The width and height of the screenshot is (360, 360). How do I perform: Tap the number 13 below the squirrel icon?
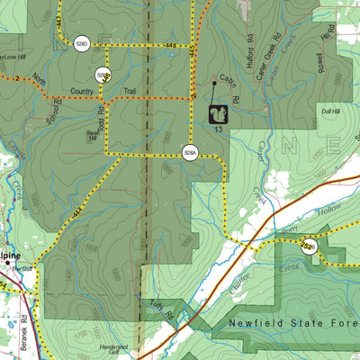coord(219,131)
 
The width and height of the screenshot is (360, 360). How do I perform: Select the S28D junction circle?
coord(82,43)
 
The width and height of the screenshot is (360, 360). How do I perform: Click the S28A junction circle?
coord(190,152)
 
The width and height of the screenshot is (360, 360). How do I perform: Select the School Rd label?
coord(56,109)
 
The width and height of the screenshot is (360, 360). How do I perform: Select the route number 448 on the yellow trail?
coord(171,43)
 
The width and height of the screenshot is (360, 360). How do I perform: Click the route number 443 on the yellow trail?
coord(59,20)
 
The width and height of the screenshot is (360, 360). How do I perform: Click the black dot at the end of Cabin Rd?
coord(213,83)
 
